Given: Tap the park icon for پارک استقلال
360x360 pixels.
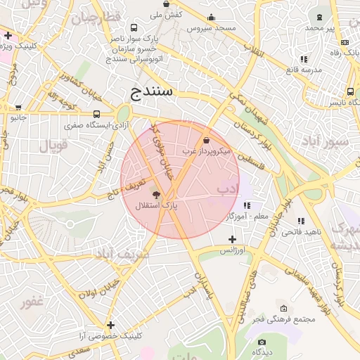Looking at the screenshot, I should click(x=156, y=194).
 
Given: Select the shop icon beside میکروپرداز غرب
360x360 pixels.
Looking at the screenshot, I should click(x=205, y=141).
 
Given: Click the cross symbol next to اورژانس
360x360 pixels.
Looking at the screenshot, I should click(x=232, y=240).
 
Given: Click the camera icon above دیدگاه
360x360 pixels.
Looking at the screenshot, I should click(x=262, y=342).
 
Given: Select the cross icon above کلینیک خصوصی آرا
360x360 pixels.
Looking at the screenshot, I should click(x=110, y=325).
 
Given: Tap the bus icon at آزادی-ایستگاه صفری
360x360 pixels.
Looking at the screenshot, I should click(x=96, y=114).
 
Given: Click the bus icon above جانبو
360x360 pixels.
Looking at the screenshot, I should click(x=18, y=108).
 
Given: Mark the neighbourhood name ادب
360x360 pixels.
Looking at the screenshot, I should click(x=228, y=188).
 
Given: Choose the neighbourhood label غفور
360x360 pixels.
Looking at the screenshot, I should click(x=32, y=302).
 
